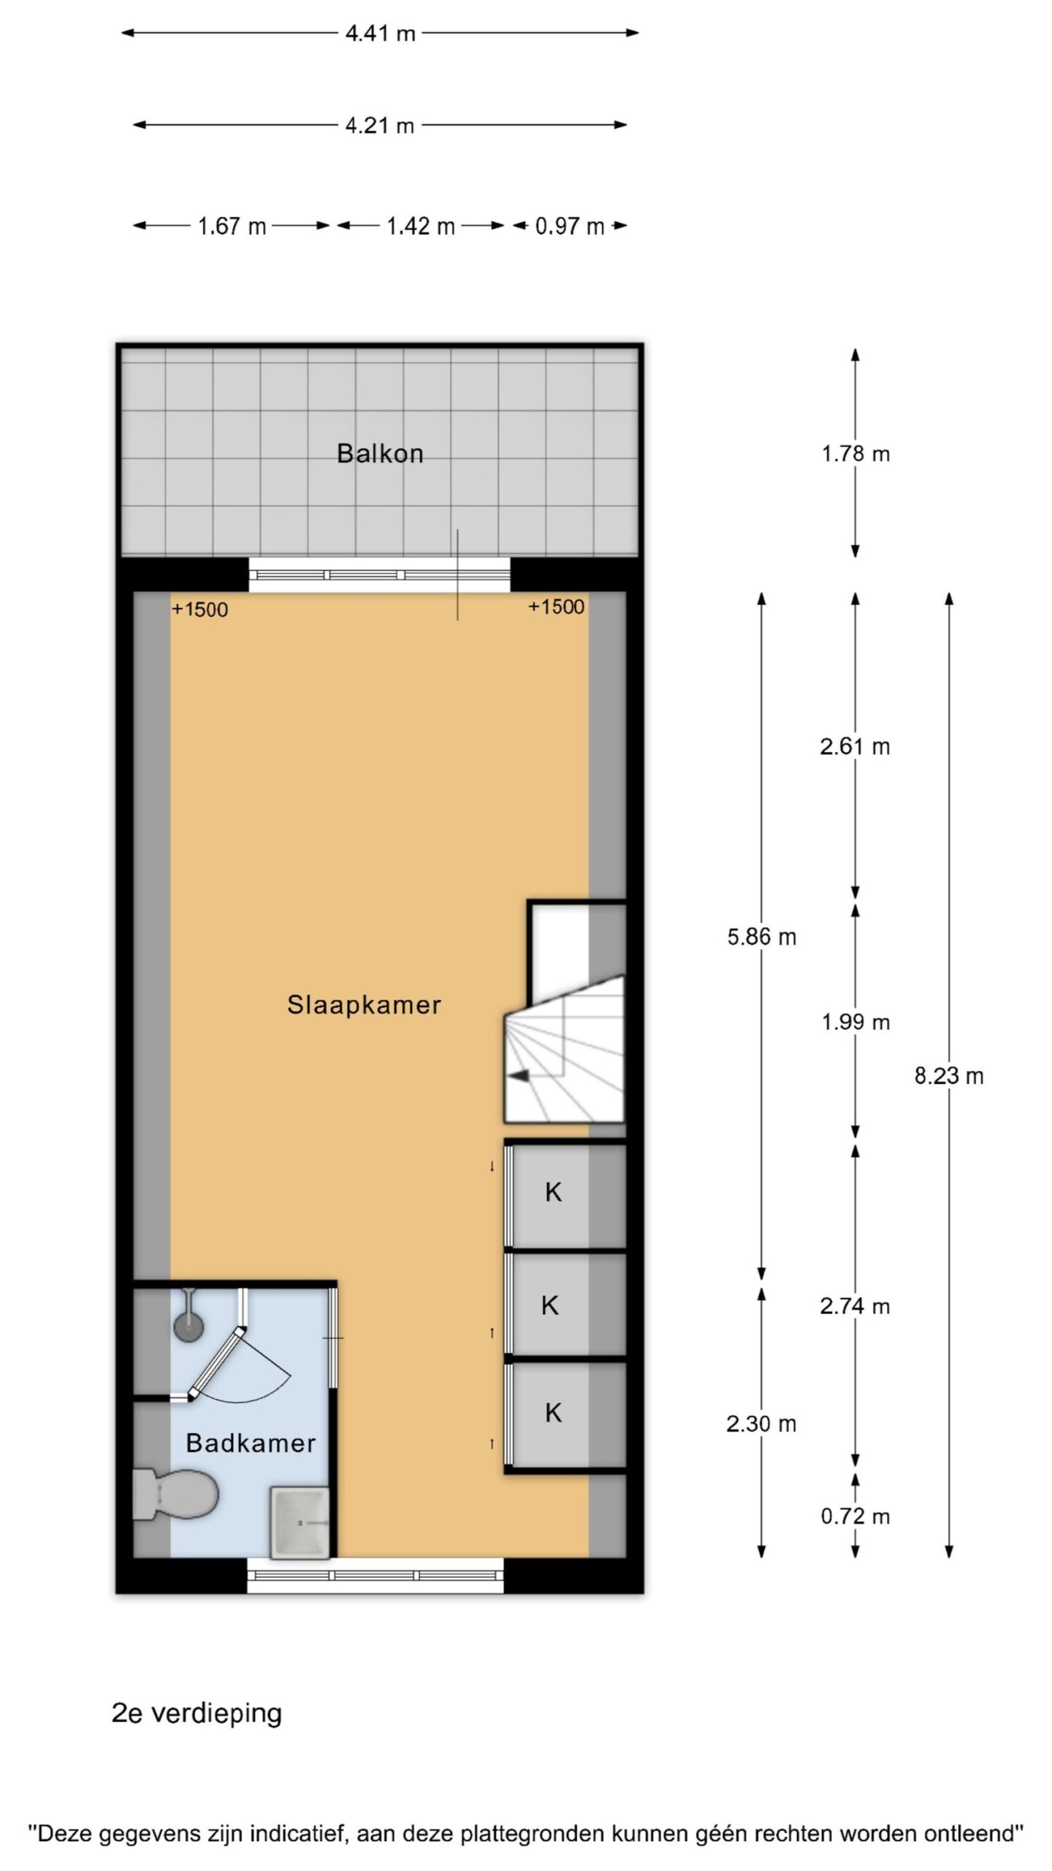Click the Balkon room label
[380, 454]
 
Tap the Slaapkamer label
[364, 1006]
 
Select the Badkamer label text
[251, 1443]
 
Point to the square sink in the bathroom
[300, 1522]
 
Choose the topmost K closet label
[553, 1192]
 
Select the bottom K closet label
[553, 1413]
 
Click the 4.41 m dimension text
[380, 34]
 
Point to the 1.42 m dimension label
[421, 226]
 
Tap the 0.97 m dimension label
[570, 226]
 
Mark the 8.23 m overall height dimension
[949, 1076]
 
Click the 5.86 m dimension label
[761, 937]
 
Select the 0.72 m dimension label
[855, 1517]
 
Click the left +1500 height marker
[199, 610]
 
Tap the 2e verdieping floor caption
[197, 1714]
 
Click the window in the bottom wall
[376, 1575]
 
